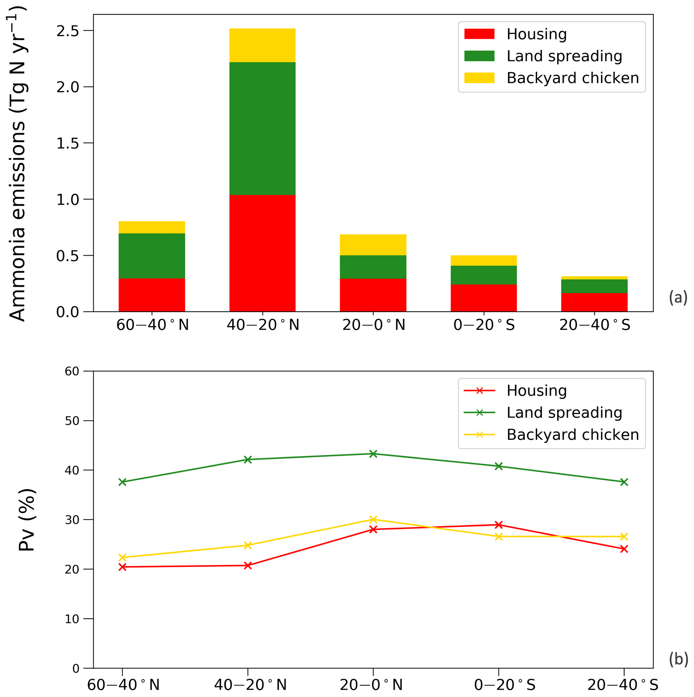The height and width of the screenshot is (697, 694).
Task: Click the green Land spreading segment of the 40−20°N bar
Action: click(x=262, y=128)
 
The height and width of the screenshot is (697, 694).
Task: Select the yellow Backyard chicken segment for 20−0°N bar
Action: click(x=373, y=245)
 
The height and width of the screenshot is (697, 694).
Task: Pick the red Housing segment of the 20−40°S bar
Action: click(x=594, y=302)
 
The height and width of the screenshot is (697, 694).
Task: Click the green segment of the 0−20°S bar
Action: click(x=483, y=275)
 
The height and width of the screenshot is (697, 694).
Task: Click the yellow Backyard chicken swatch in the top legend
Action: click(x=479, y=78)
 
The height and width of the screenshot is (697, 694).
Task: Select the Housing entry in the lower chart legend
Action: click(x=537, y=391)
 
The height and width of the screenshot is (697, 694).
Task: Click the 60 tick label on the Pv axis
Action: click(x=72, y=371)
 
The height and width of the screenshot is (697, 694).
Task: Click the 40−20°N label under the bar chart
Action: click(x=263, y=325)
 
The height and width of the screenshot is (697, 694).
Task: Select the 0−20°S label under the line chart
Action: click(x=504, y=685)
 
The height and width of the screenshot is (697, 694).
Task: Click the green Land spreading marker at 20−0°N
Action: click(x=373, y=454)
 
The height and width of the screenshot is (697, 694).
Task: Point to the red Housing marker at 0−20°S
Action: click(x=499, y=525)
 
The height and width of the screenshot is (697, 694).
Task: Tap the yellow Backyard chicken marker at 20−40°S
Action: click(x=624, y=536)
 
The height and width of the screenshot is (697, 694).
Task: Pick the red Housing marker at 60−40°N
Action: click(x=122, y=567)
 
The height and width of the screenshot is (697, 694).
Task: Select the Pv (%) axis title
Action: click(x=27, y=520)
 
